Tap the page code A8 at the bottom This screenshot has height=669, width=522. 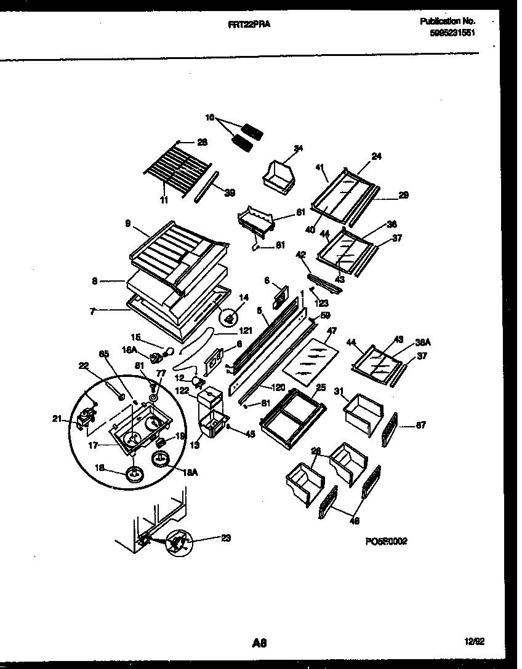coord(259,643)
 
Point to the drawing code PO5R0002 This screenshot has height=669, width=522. coord(385,541)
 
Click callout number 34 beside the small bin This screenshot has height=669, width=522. coord(298,148)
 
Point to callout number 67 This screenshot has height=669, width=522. coord(420,425)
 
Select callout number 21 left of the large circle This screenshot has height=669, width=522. coord(57,419)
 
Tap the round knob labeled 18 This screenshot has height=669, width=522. coord(134,474)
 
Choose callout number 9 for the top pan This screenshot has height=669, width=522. coord(128,224)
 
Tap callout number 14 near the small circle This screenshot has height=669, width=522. coord(244,297)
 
